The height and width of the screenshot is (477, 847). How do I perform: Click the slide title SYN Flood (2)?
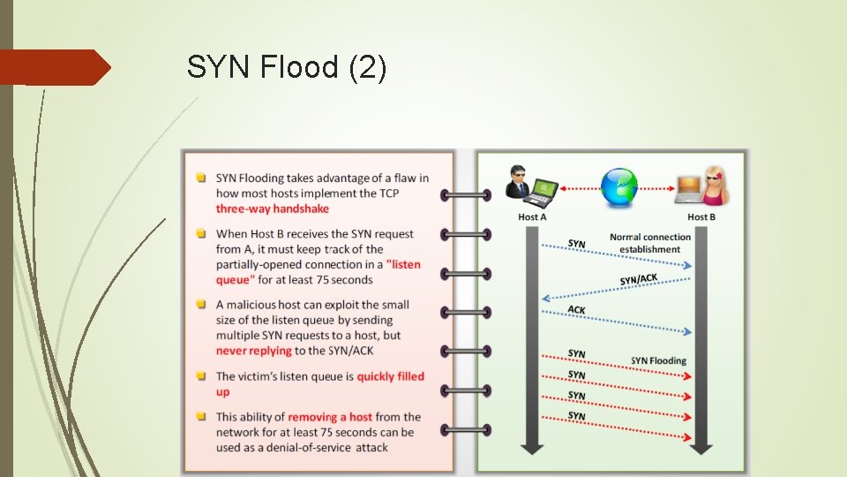[x=287, y=68]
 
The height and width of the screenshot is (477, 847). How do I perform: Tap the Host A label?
[x=532, y=216]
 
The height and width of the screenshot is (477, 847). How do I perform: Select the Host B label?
[x=701, y=216]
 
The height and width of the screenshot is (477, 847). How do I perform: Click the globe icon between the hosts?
[x=619, y=186]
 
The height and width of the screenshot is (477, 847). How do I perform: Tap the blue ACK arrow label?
[x=576, y=309]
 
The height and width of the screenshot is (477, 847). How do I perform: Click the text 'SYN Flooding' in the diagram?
[x=658, y=360]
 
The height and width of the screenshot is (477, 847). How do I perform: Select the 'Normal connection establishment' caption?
[x=650, y=243]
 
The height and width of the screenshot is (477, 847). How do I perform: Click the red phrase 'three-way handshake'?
[x=272, y=208]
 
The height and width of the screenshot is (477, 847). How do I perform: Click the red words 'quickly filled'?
[x=390, y=376]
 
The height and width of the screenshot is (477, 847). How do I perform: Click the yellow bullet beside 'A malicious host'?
[x=202, y=305]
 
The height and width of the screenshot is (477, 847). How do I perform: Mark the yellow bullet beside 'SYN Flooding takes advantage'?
[x=202, y=178]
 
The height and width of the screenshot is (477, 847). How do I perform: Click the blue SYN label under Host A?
[x=576, y=243]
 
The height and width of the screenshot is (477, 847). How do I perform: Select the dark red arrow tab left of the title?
[x=53, y=68]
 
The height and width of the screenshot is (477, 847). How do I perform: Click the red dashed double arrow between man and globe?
[x=578, y=187]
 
